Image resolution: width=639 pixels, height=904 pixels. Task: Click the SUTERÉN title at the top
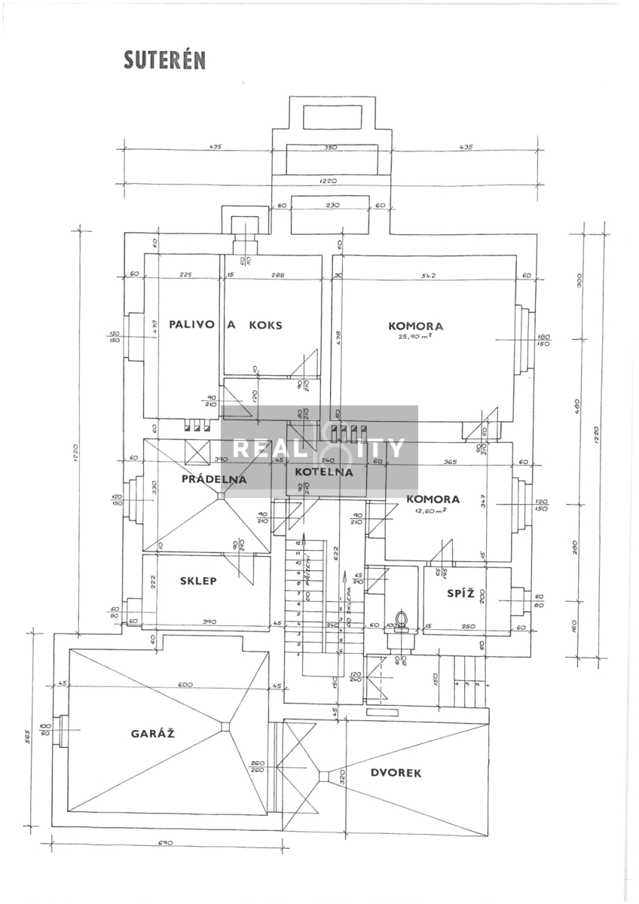pos(165,61)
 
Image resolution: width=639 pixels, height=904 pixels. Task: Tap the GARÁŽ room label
pos(153,733)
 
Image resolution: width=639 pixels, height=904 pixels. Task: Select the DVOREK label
pos(396,772)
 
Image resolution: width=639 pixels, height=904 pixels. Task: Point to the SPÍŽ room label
pos(460,593)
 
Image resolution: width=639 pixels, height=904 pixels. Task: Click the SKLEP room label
pos(199,581)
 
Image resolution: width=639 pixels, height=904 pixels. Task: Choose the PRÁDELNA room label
pos(214,479)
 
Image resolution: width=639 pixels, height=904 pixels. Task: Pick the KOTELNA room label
pos(324,472)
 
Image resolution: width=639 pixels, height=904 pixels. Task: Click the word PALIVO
pos(192,325)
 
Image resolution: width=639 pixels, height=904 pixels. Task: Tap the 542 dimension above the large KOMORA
pos(430,275)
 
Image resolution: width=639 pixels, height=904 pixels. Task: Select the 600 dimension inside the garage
pos(185,684)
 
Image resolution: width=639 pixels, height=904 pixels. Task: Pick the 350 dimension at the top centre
pos(330,148)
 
